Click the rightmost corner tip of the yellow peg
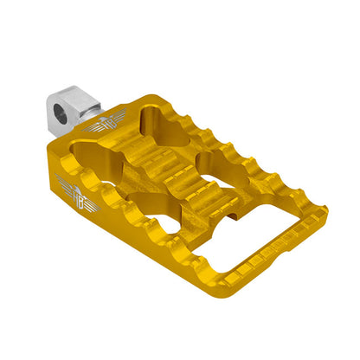pyautogui.click(x=327, y=209)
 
